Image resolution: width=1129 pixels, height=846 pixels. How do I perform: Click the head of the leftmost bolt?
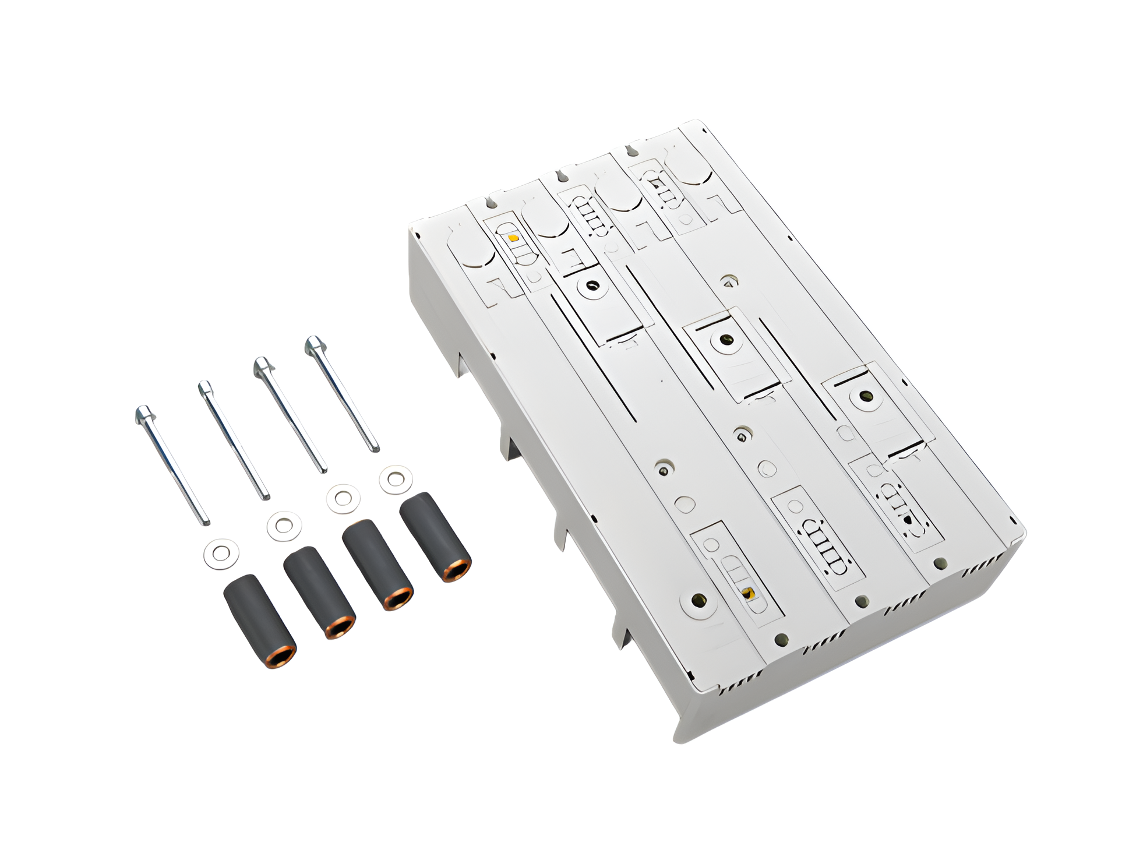(143, 415)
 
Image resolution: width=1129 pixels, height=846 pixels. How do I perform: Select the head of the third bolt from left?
(262, 366)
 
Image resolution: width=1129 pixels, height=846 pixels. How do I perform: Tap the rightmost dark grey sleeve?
(435, 534)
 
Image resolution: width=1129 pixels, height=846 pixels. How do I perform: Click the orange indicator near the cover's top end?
(513, 238)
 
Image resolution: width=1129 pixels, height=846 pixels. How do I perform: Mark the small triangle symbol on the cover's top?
(727, 282)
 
